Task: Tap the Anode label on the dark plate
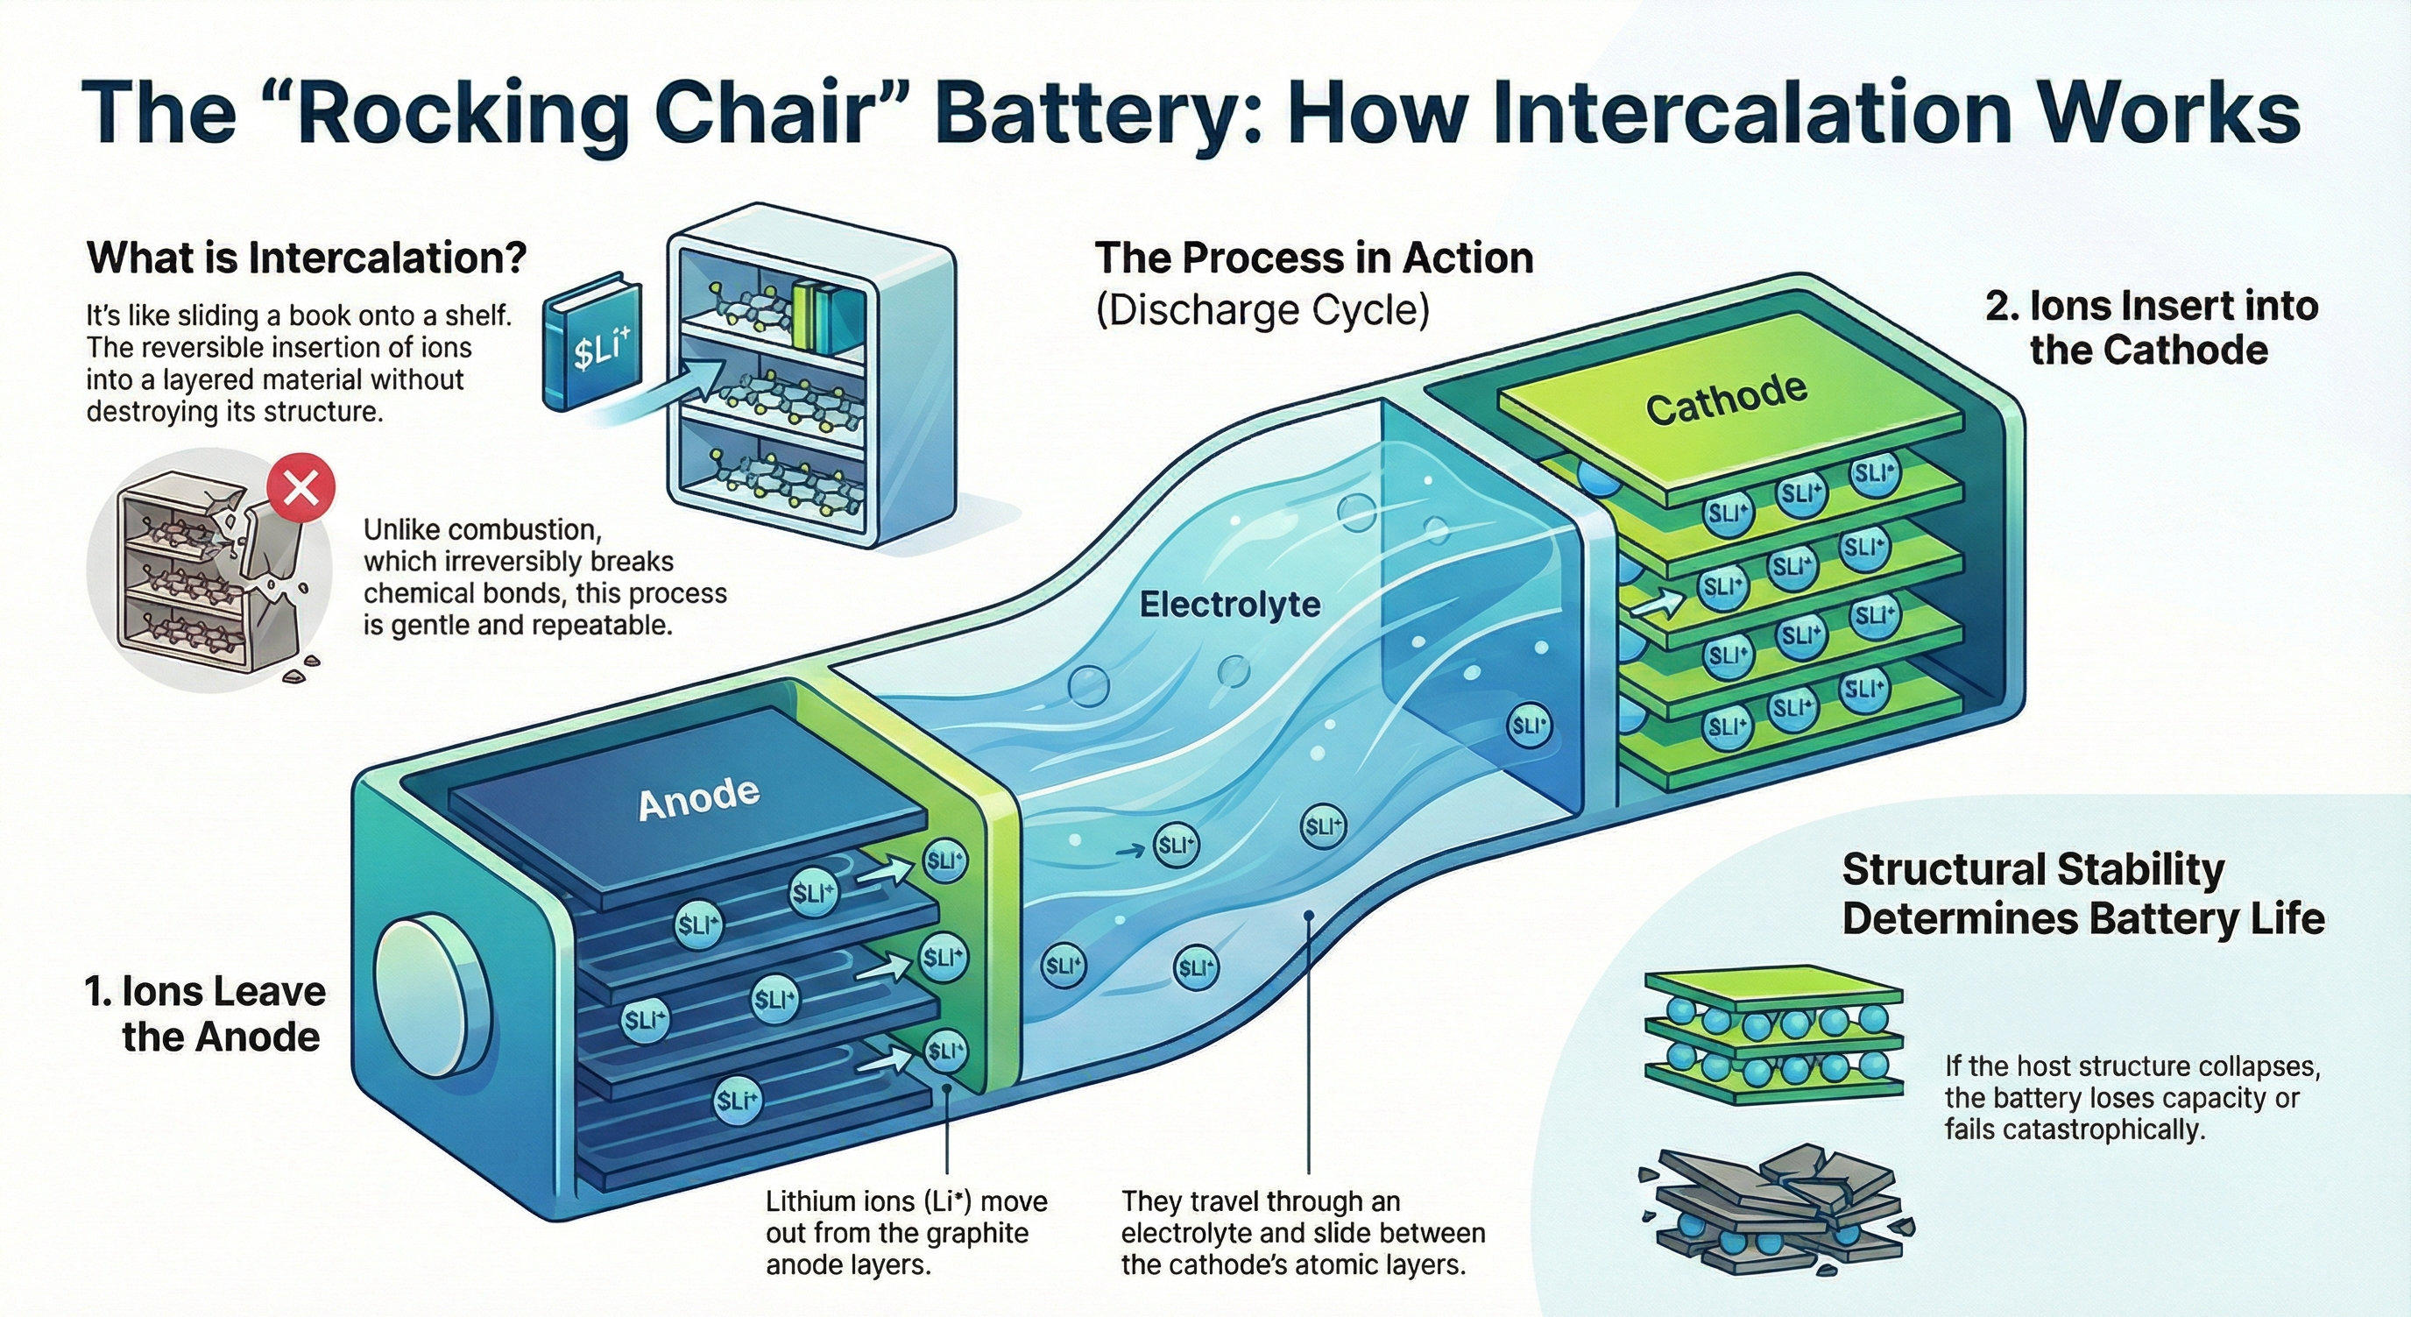point(698,799)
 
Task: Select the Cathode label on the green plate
point(1726,400)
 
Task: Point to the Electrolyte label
point(1230,605)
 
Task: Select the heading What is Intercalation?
point(307,258)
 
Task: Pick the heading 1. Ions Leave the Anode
point(206,1014)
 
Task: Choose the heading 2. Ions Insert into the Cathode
point(2151,328)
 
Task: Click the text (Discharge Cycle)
point(1262,310)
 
